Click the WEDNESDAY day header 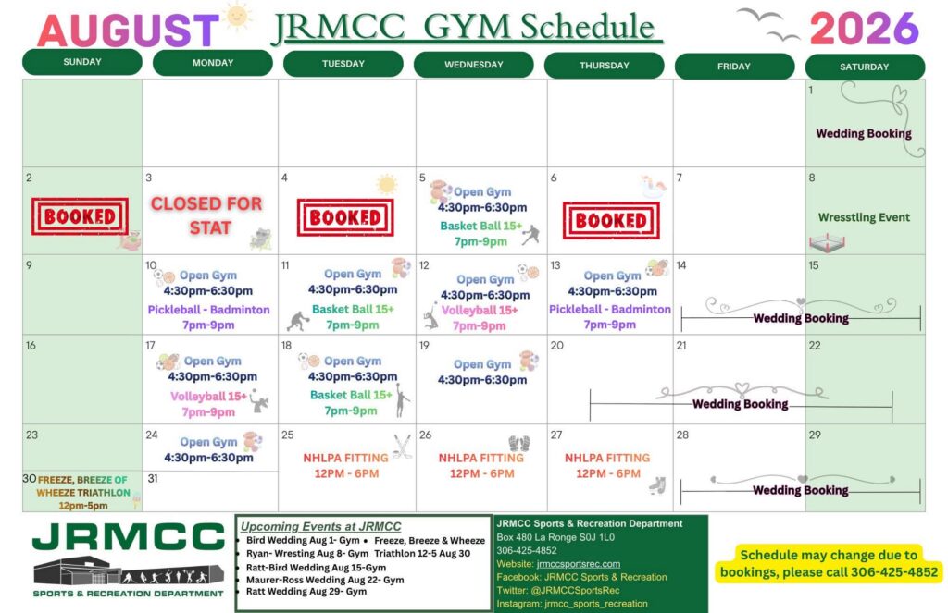pos(473,65)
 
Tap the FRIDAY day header pos(734,67)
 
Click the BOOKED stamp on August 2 pos(80,216)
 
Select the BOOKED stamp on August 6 pos(611,220)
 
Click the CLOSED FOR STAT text pos(206,215)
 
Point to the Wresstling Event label pos(864,217)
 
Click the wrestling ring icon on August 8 pos(827,243)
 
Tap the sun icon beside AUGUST pos(237,17)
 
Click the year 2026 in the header pos(864,29)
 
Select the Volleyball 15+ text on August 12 pos(480,311)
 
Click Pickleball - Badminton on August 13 pos(609,309)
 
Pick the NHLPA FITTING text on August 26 pos(481,458)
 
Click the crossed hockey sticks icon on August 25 pos(402,447)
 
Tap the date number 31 pos(153,478)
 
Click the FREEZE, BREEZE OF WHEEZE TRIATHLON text pos(82,486)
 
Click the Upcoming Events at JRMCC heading pos(320,527)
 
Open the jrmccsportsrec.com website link pos(578,564)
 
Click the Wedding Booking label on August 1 pos(864,133)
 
